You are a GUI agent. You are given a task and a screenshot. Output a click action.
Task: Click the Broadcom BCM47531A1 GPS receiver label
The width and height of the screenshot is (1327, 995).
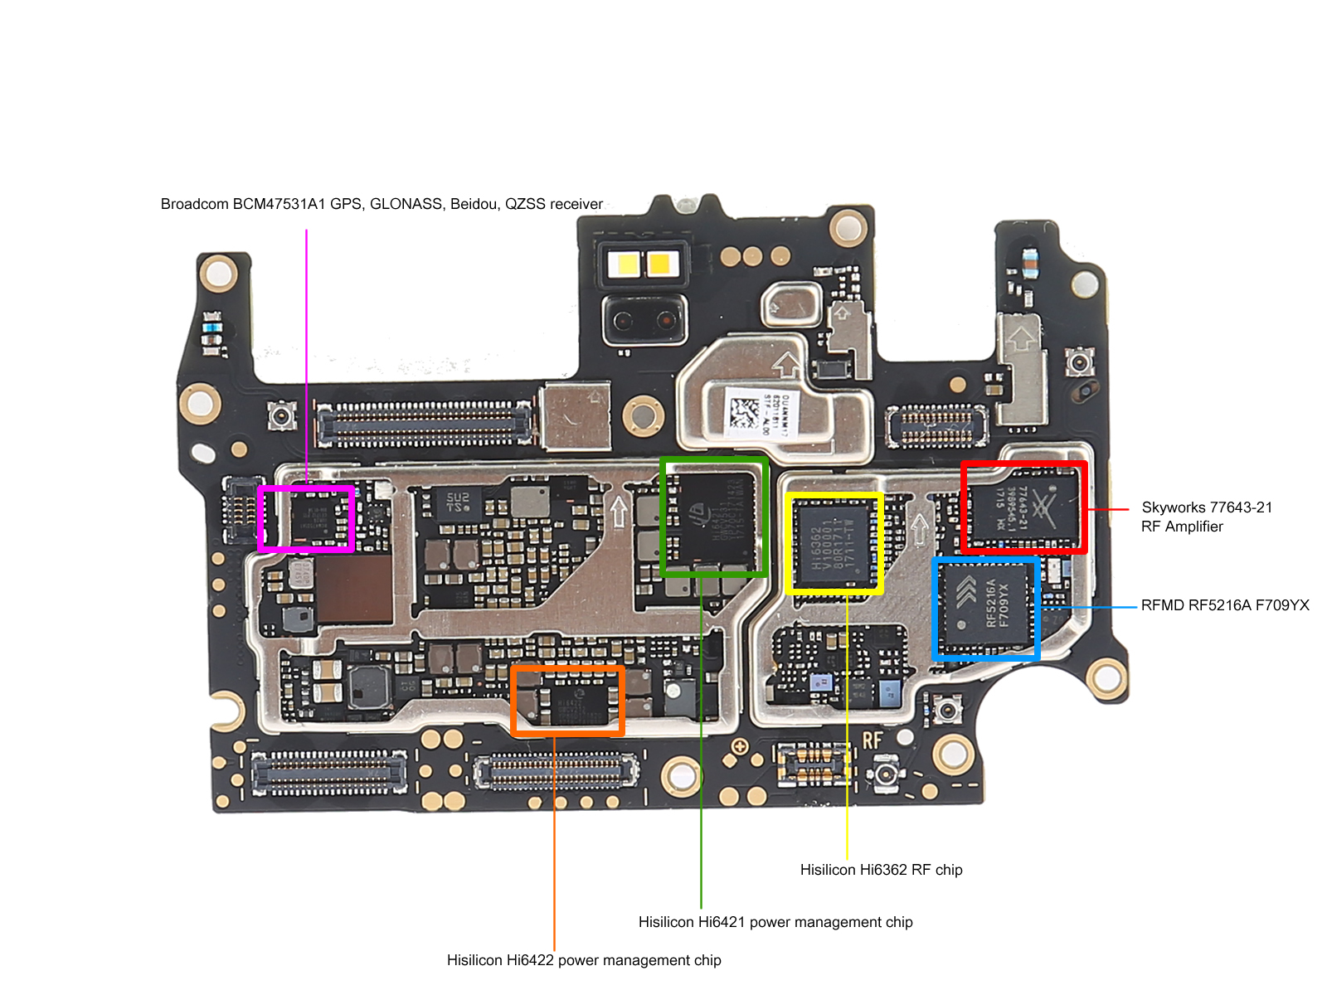point(382,204)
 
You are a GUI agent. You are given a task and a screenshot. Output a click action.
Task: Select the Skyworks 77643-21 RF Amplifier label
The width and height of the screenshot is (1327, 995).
point(1206,517)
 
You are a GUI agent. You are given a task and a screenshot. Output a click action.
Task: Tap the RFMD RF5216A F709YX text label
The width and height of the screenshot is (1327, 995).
point(1224,605)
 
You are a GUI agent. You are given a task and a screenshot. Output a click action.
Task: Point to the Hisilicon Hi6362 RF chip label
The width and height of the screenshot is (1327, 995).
point(881,870)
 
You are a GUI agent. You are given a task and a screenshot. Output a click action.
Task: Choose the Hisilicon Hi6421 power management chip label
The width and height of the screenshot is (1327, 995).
point(775,922)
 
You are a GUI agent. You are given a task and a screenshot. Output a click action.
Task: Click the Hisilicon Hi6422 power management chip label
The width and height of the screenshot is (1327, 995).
point(583,960)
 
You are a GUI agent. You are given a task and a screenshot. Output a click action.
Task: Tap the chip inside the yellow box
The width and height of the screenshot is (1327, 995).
point(834,544)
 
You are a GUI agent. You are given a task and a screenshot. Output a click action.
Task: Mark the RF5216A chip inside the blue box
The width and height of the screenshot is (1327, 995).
point(987,609)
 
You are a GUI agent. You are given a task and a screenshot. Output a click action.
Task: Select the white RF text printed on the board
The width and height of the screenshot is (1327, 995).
point(872,740)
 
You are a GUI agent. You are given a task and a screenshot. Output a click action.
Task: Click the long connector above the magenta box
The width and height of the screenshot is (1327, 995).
point(424,424)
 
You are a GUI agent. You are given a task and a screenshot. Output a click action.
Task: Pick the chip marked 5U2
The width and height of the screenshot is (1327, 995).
point(456,502)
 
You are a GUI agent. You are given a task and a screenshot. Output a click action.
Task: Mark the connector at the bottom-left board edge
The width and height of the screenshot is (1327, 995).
point(328,771)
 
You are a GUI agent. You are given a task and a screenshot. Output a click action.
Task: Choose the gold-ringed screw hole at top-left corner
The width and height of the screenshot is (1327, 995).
point(219,272)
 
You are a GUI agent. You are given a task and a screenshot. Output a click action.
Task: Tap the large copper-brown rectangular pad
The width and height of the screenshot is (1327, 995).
point(355,589)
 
